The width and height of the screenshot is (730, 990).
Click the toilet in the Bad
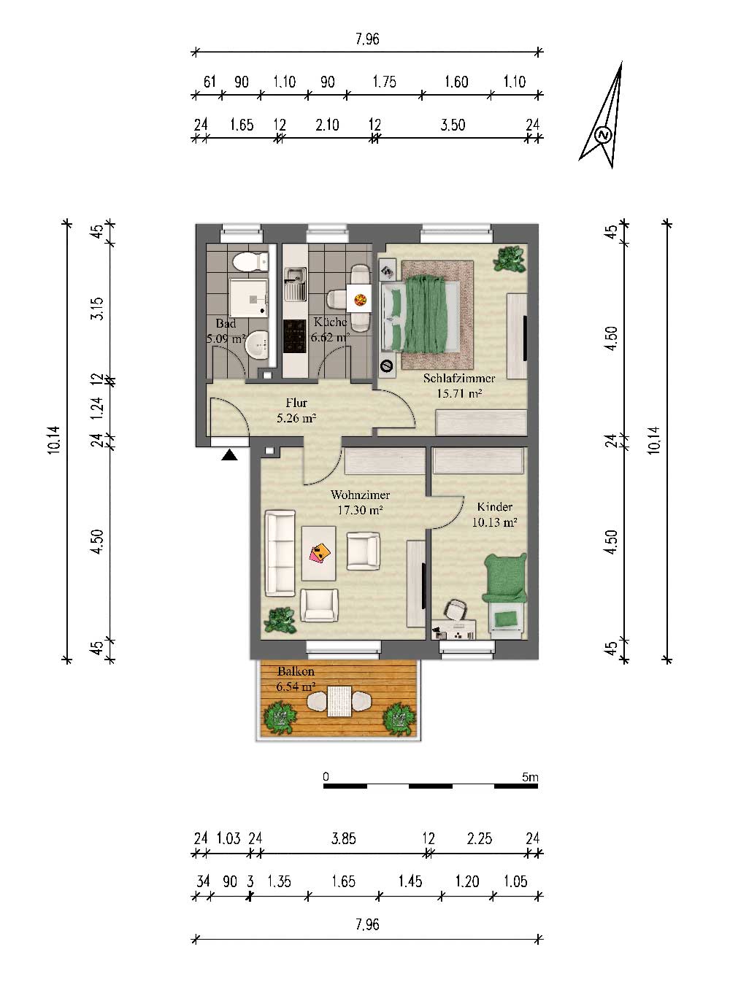pyautogui.click(x=250, y=261)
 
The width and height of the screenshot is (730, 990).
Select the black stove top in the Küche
pyautogui.click(x=294, y=336)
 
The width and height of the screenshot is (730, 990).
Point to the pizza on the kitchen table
pyautogui.click(x=361, y=301)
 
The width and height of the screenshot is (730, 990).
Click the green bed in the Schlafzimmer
pyautogui.click(x=421, y=314)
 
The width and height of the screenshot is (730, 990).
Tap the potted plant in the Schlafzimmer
pyautogui.click(x=510, y=259)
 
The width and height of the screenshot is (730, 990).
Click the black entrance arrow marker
pyautogui.click(x=229, y=455)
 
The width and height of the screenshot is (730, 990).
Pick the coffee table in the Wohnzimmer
pyautogui.click(x=318, y=553)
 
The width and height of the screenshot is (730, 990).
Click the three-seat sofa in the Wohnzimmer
pyautogui.click(x=280, y=553)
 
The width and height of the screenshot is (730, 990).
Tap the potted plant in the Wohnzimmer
pyautogui.click(x=280, y=620)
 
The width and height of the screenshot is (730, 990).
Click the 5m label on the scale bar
pyautogui.click(x=530, y=776)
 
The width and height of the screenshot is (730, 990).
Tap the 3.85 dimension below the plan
pyautogui.click(x=344, y=838)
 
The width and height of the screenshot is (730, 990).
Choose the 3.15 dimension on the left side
pyautogui.click(x=99, y=309)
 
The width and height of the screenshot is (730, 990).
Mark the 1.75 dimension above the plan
pyautogui.click(x=384, y=82)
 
